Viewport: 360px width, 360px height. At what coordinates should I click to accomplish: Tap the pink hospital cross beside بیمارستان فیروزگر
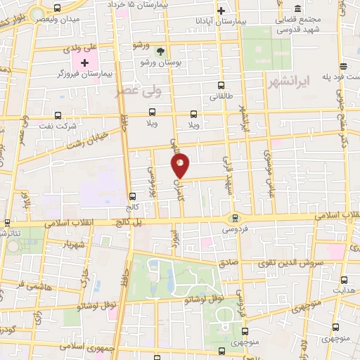click(x=85, y=63)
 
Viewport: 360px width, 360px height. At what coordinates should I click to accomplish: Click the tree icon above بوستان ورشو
click(x=161, y=51)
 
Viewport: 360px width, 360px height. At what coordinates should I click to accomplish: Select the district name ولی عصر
click(x=138, y=91)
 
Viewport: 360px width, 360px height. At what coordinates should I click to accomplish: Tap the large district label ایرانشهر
click(x=288, y=83)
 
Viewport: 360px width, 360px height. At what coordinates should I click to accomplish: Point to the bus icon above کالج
click(x=133, y=197)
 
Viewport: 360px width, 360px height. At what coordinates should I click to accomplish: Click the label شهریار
click(x=73, y=246)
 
